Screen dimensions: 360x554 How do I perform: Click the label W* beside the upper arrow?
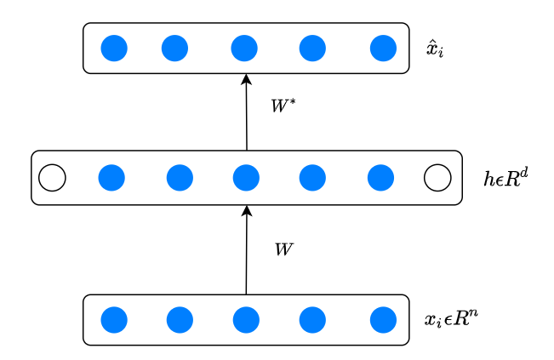click(283, 106)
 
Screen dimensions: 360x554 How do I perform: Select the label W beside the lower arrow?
click(283, 249)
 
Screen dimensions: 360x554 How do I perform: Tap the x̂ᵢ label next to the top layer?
click(435, 49)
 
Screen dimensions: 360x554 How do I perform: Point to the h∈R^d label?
click(505, 178)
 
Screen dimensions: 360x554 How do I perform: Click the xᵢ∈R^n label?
click(450, 320)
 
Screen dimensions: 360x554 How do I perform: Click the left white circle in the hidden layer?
click(52, 178)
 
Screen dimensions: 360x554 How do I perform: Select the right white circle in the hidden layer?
click(437, 178)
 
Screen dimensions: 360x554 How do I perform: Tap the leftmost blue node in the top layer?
click(114, 49)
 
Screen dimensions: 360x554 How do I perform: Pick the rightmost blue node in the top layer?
click(383, 49)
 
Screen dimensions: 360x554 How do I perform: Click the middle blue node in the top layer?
click(244, 49)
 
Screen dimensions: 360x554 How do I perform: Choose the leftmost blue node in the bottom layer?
click(114, 320)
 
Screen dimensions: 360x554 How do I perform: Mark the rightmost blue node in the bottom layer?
click(383, 320)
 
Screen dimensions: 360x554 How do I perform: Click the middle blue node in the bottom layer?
click(246, 320)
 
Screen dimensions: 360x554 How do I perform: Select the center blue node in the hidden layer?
click(246, 178)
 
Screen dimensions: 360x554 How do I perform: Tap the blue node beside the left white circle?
click(111, 178)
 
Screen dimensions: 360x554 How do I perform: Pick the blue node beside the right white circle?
click(380, 178)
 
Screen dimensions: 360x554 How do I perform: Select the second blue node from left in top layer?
click(174, 49)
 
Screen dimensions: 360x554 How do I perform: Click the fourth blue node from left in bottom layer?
click(312, 320)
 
